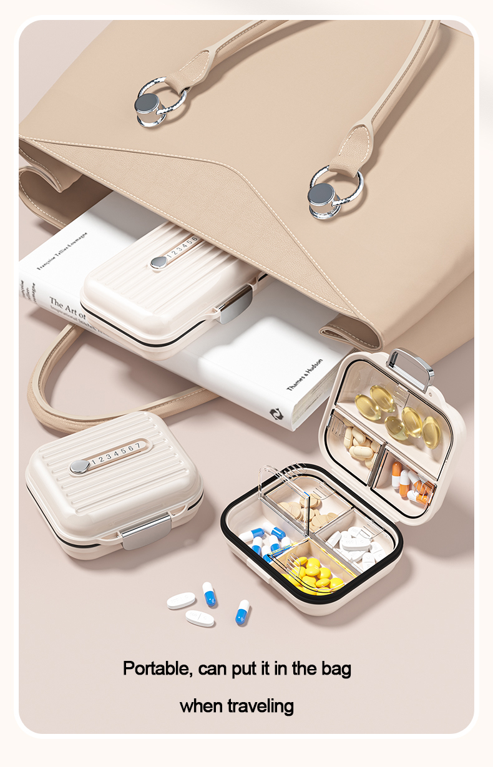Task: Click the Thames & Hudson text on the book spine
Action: [305, 375]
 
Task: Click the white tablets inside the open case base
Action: [356, 544]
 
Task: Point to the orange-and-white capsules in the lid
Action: [409, 484]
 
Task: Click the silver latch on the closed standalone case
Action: [146, 532]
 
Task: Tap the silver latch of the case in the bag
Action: [236, 305]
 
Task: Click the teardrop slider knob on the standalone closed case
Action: [79, 466]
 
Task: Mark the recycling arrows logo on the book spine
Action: [276, 413]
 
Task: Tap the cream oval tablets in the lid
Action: [359, 443]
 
